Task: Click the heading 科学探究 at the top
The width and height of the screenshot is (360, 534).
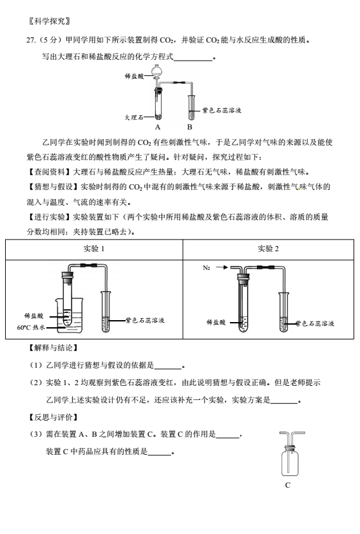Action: (50, 21)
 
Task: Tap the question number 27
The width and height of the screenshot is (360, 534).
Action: (31, 40)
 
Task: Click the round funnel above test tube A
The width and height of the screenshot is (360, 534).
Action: (156, 72)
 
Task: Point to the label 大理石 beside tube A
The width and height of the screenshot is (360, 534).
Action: (133, 117)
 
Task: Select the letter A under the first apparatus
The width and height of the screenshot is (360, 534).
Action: (157, 127)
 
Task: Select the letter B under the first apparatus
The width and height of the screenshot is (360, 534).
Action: (190, 127)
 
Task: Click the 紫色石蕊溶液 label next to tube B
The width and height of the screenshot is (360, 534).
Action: (222, 110)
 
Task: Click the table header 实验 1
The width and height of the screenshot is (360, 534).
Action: (94, 249)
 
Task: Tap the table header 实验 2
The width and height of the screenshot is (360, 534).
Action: (268, 249)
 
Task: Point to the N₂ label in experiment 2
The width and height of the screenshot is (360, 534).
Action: (206, 268)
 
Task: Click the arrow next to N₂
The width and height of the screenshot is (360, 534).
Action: (222, 267)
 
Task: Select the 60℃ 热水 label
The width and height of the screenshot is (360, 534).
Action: (31, 327)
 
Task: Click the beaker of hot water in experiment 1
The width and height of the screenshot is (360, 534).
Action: (70, 315)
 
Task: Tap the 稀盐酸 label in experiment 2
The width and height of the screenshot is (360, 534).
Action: (216, 322)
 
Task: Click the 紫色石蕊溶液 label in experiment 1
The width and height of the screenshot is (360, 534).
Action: (145, 320)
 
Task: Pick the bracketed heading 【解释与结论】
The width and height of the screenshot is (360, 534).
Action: (53, 348)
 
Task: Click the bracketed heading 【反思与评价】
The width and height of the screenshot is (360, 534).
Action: (53, 417)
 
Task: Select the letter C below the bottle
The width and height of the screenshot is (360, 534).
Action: (288, 485)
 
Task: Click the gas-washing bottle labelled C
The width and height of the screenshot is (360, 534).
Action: (290, 458)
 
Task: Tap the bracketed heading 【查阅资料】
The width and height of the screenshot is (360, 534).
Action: (49, 172)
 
